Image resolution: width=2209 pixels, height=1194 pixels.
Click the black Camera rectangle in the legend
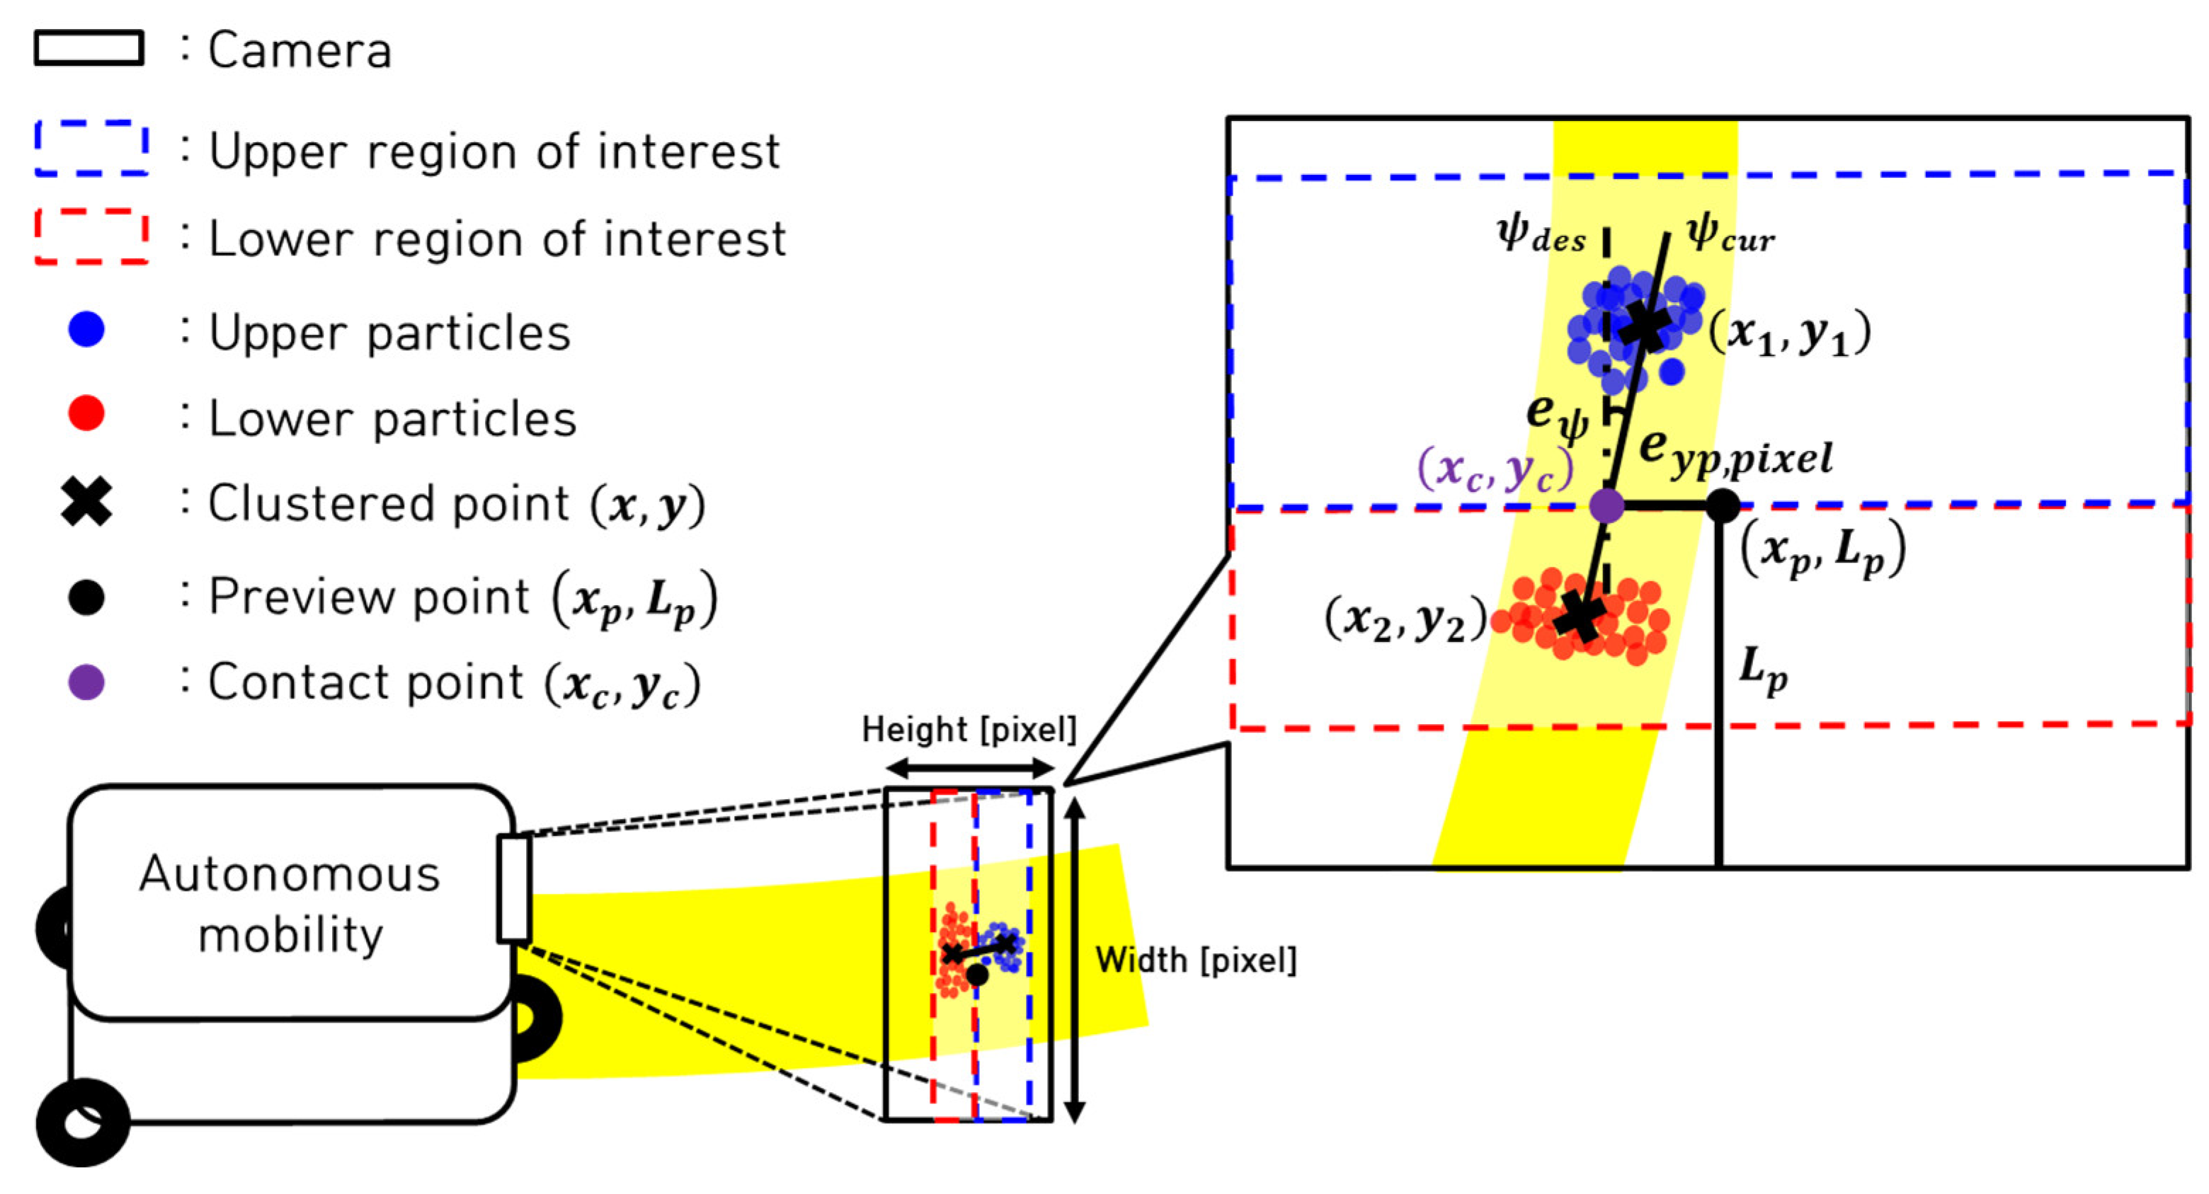[89, 48]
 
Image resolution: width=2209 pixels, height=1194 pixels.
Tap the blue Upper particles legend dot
[86, 329]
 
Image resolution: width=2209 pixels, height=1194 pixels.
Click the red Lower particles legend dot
[86, 414]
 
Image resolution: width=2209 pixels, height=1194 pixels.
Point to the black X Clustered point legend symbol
[86, 501]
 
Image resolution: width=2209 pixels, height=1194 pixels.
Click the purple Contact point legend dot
[86, 682]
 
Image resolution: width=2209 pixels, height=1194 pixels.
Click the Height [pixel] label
[968, 730]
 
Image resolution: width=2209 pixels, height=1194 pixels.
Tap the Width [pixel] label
[1195, 960]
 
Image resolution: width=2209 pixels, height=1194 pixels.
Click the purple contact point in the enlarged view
[1606, 505]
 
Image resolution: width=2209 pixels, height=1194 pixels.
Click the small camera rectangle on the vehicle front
[513, 889]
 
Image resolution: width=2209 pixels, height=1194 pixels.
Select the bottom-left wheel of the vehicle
[83, 1122]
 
